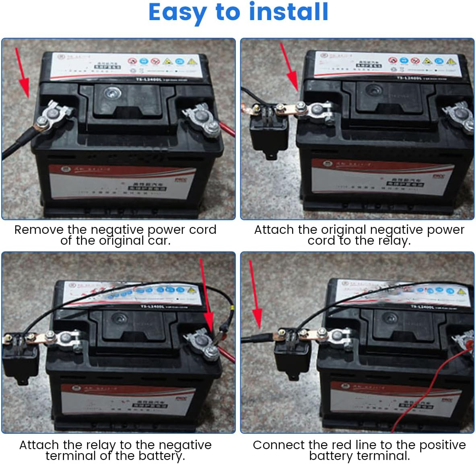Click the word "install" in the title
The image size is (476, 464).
(x=288, y=12)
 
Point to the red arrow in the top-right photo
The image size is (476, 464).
(x=289, y=66)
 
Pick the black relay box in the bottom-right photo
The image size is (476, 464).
(x=292, y=356)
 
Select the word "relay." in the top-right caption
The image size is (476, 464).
(x=394, y=241)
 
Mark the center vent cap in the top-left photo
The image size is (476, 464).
(x=110, y=94)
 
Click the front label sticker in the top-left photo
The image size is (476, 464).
(x=121, y=181)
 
